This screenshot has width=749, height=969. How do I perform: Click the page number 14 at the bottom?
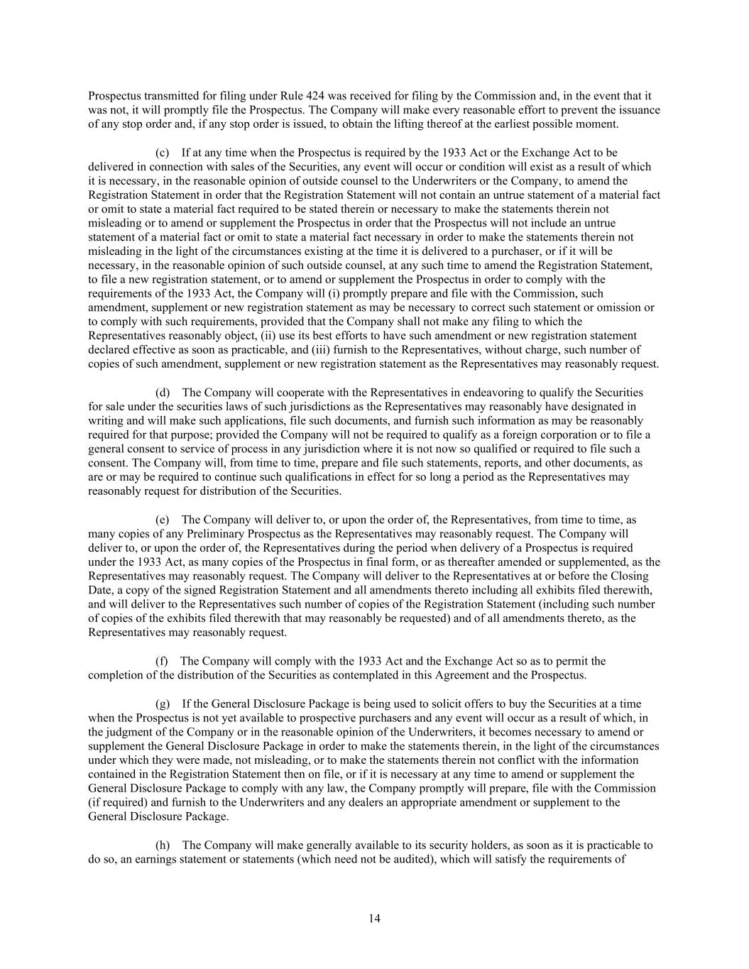[374, 919]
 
